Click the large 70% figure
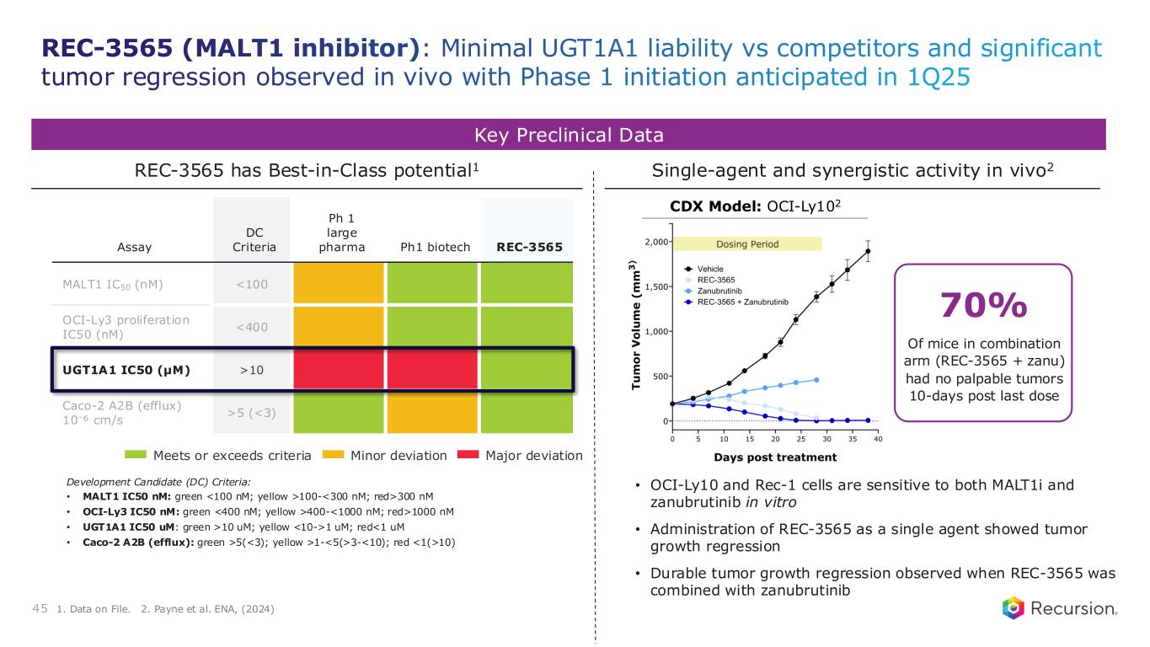tap(982, 305)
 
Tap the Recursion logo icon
tap(1014, 607)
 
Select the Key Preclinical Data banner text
tap(568, 135)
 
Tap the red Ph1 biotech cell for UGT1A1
tap(432, 369)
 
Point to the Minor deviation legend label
tap(398, 456)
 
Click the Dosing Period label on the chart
tap(747, 243)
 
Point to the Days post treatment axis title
tap(774, 457)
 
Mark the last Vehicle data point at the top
tap(868, 251)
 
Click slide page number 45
tap(40, 608)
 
